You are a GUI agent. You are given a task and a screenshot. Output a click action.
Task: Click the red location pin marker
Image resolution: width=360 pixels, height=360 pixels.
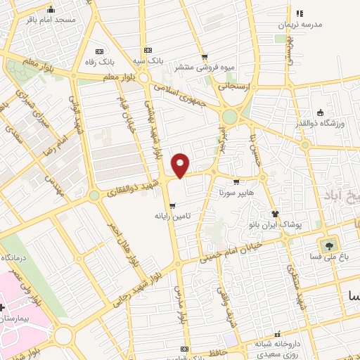pyautogui.click(x=181, y=165)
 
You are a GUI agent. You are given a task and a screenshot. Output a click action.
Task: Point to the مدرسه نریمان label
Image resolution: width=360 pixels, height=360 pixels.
pyautogui.click(x=300, y=24)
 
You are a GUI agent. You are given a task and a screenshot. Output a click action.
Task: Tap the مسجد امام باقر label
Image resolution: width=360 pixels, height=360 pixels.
pyautogui.click(x=51, y=20)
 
